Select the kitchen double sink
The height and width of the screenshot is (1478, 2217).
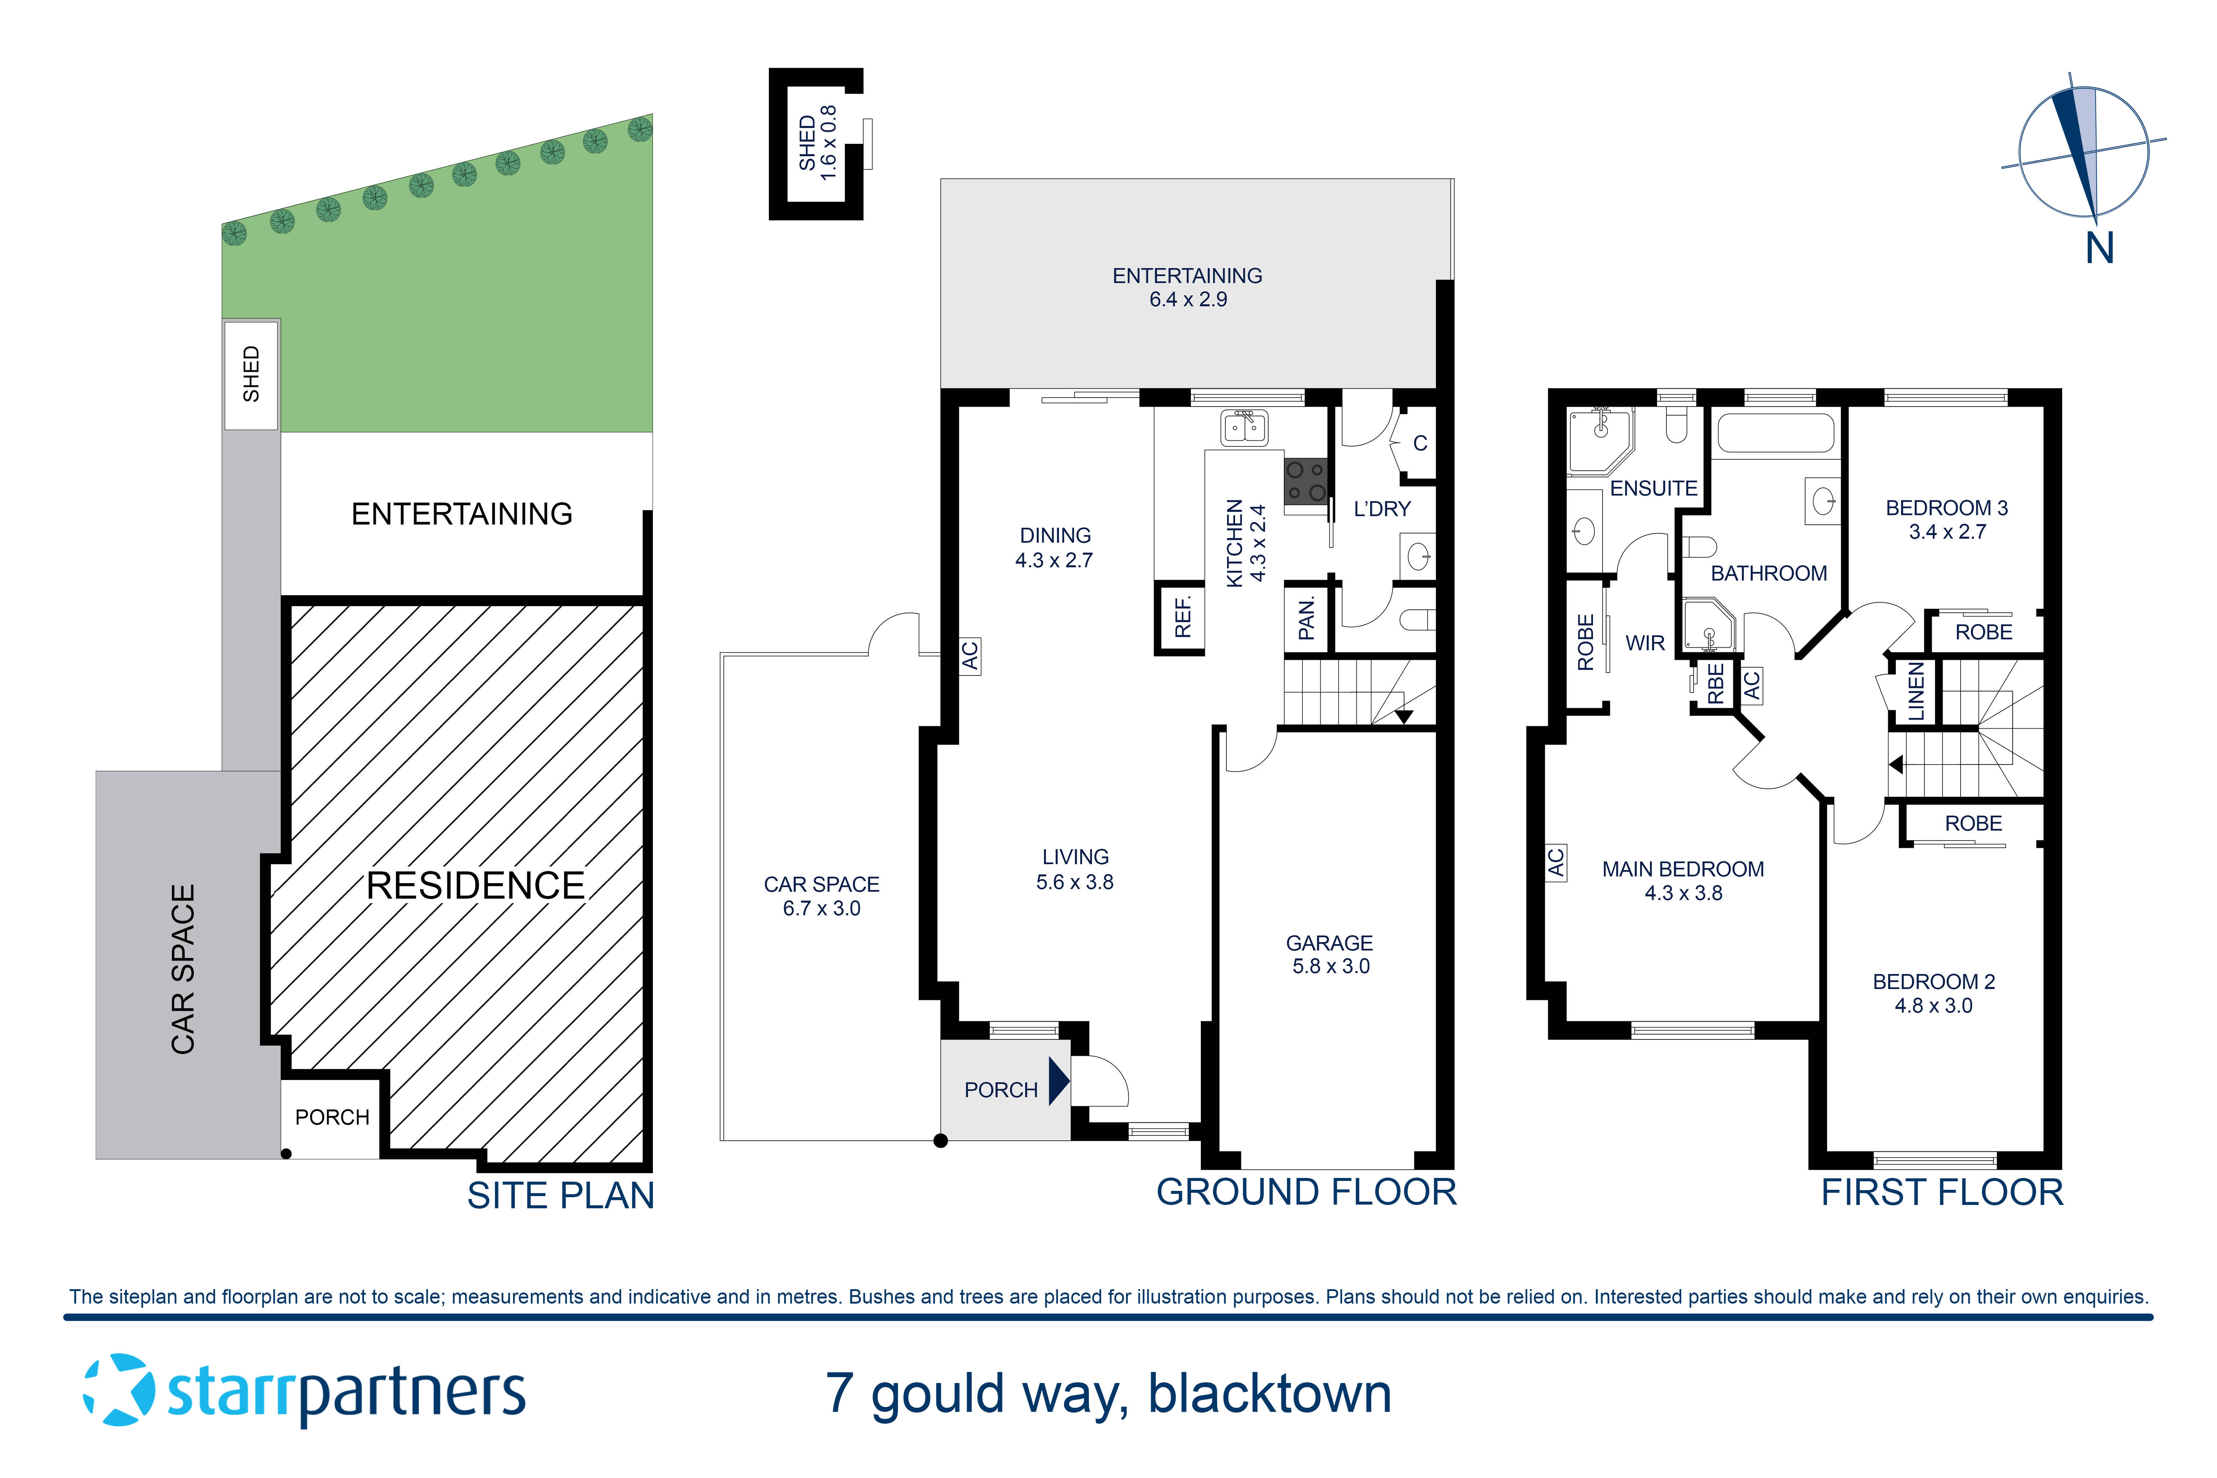coord(1244,428)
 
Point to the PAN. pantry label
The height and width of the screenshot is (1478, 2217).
coord(1307,619)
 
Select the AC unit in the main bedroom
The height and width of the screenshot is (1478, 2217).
coord(1555,862)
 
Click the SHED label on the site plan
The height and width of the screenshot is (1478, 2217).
coord(251,374)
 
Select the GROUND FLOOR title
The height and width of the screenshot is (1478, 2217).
coord(1307,1192)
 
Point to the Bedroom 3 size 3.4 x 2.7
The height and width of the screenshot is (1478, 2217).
coord(1947,532)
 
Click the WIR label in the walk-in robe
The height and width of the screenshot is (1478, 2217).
coord(1645,643)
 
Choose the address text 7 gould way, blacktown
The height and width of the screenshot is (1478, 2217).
coord(1108,1394)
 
